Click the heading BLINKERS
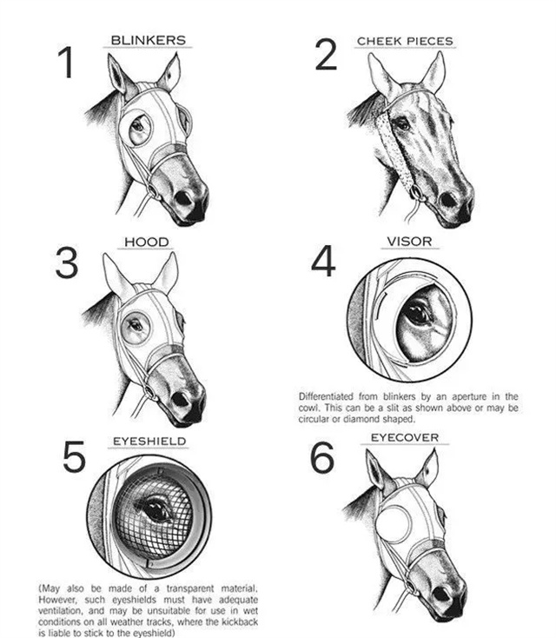[148, 40]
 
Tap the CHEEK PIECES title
[405, 41]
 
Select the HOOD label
[147, 242]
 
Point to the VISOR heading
[409, 242]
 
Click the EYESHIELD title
[149, 441]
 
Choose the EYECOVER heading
[405, 437]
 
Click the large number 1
[66, 62]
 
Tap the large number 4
[324, 261]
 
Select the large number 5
[74, 456]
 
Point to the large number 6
[322, 458]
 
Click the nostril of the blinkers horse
[183, 198]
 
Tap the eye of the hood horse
[135, 325]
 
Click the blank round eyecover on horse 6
[394, 523]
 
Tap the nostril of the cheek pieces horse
[448, 200]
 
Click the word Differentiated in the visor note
[326, 396]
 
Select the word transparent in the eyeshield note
[190, 588]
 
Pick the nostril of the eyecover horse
[440, 595]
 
